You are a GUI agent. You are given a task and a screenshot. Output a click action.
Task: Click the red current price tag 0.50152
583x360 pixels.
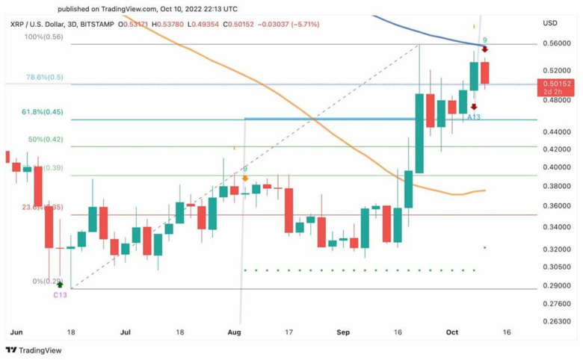(x=556, y=84)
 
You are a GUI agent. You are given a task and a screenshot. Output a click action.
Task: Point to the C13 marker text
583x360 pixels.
(x=60, y=295)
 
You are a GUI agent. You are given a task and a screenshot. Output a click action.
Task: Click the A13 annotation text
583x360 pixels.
(x=474, y=117)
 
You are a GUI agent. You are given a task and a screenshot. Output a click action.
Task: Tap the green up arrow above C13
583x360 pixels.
(x=59, y=285)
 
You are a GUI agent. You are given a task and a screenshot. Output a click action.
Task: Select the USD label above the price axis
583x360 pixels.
(x=550, y=24)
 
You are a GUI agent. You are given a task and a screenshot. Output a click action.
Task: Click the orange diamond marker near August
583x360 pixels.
(x=245, y=179)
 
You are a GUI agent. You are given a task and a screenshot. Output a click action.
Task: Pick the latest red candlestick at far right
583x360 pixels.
(x=484, y=73)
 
